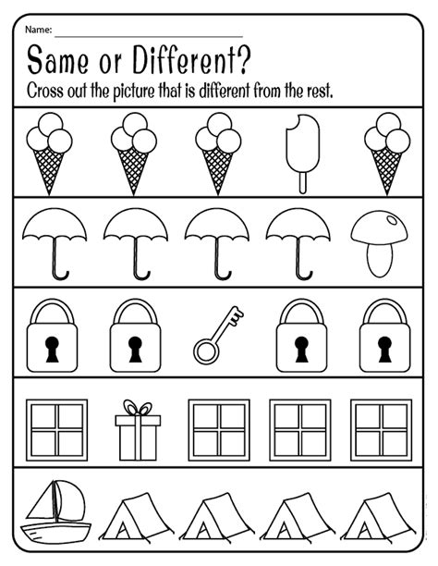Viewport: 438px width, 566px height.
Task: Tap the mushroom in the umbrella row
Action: tap(380, 242)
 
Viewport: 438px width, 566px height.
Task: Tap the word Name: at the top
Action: tap(41, 31)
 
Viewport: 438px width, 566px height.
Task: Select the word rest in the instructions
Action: tap(315, 92)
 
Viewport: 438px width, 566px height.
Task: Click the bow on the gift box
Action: tap(137, 409)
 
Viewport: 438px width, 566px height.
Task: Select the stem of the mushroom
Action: tap(380, 256)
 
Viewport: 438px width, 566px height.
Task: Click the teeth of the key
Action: tap(235, 318)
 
